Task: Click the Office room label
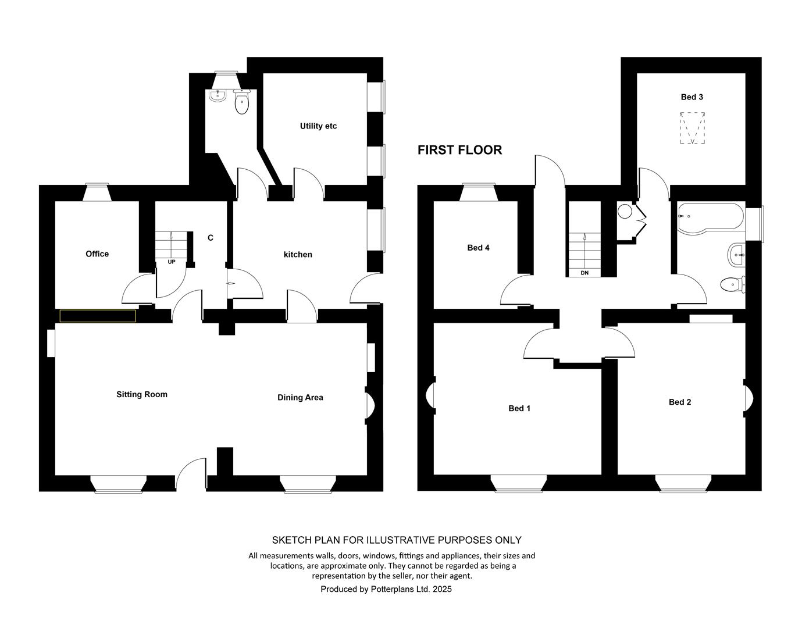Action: point(97,254)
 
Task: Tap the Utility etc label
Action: point(318,126)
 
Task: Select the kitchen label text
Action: point(298,254)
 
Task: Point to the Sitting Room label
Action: point(142,394)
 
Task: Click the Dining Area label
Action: point(300,397)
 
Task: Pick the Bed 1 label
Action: point(519,408)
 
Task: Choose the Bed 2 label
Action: point(680,402)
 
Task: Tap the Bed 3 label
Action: point(692,97)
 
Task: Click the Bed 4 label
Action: point(478,248)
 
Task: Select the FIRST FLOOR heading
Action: point(460,150)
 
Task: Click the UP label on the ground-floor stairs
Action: point(172,262)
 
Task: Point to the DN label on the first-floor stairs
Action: point(584,273)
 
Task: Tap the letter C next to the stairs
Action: point(211,238)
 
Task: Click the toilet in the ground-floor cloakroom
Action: point(242,101)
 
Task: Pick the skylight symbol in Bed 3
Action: point(693,128)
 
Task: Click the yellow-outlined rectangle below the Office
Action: point(98,316)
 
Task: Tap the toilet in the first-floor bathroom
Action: point(733,284)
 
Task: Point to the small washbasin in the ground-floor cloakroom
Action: point(218,95)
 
